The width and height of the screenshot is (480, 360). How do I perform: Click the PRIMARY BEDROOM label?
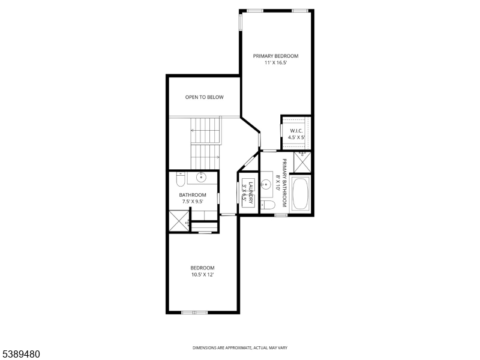(275, 56)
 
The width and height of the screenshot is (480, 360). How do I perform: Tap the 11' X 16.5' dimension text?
(275, 63)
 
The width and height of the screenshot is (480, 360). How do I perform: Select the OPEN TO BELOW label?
(204, 97)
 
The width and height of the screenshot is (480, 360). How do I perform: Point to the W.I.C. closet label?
(296, 131)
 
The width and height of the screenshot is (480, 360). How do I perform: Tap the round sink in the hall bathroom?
(201, 178)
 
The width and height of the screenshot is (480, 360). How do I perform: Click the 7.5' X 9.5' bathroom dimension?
(193, 202)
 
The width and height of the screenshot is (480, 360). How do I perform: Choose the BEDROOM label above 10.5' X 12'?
(202, 268)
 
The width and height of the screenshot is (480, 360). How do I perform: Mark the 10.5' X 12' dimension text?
(202, 275)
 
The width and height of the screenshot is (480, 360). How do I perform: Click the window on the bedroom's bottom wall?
(194, 312)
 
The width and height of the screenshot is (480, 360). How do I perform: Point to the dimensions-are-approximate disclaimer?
(240, 347)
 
